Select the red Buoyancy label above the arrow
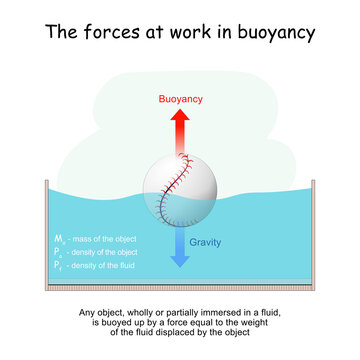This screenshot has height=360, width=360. pyautogui.click(x=181, y=100)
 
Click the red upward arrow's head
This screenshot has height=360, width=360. pyautogui.click(x=181, y=117)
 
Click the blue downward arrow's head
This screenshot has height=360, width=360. pyautogui.click(x=181, y=261)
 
